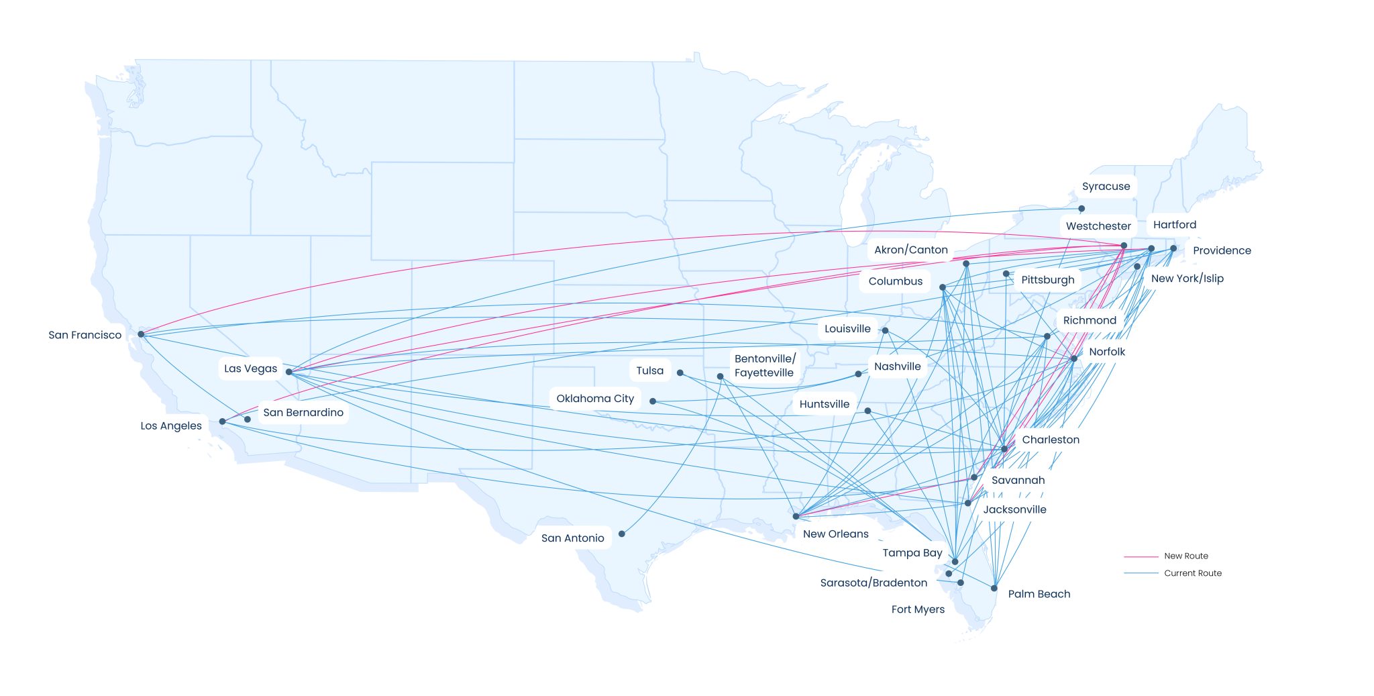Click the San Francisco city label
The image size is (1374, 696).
(85, 335)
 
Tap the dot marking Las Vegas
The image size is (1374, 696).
(289, 372)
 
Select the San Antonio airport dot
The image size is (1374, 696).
(622, 534)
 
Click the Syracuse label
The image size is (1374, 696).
(1106, 187)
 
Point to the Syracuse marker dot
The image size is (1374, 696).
(1081, 209)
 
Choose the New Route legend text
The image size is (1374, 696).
(1185, 556)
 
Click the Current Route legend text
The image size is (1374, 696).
(1192, 573)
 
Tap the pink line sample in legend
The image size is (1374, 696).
(1141, 556)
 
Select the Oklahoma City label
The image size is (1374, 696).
(594, 399)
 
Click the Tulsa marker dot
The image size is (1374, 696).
(680, 372)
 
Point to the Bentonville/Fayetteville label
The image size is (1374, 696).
(764, 366)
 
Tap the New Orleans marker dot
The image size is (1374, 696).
(796, 516)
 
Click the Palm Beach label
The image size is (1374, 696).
(1039, 594)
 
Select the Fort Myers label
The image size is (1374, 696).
(917, 609)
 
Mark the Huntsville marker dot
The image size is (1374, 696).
(867, 411)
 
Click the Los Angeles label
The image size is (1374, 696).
(170, 426)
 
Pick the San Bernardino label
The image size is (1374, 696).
(303, 413)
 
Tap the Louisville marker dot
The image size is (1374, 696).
(885, 330)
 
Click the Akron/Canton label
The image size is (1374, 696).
(910, 250)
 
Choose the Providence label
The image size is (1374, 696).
(1221, 250)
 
